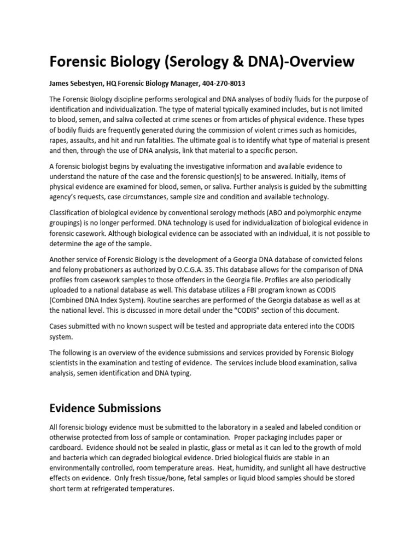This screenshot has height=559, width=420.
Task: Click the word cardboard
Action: point(68,447)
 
